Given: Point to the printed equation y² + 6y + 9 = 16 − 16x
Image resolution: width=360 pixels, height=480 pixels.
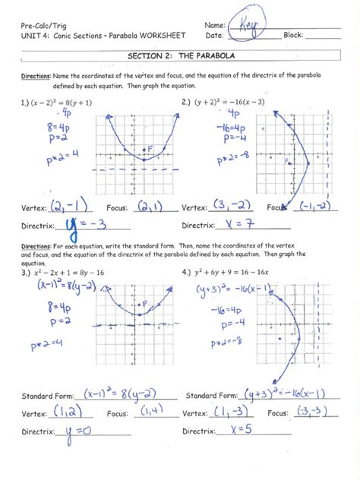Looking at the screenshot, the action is click(x=234, y=272).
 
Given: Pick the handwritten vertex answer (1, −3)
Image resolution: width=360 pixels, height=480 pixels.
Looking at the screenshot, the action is click(x=229, y=412).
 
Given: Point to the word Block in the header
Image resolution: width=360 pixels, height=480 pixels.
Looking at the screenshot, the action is click(x=293, y=36).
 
